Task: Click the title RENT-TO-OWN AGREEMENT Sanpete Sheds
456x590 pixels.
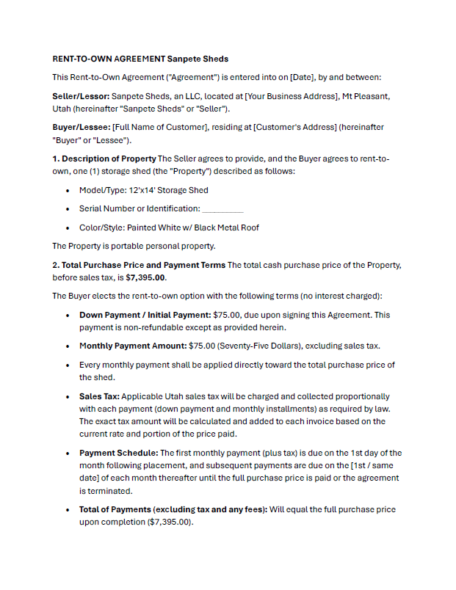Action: [140, 59]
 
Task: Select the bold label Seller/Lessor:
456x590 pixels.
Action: [81, 96]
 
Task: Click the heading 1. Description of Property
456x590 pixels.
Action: [104, 159]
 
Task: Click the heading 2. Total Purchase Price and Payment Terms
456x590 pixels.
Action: [139, 265]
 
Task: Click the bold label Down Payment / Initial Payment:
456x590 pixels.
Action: [145, 315]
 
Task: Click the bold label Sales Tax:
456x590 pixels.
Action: [99, 396]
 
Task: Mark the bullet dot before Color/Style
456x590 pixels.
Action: [68, 228]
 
